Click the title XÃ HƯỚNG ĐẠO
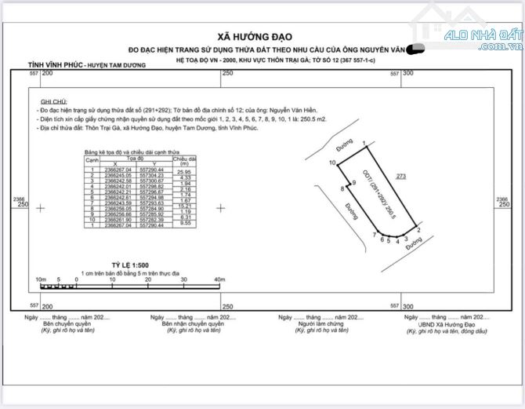click(x=262, y=37)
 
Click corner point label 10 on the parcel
click(x=332, y=163)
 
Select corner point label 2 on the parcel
click(x=419, y=230)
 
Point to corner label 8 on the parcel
click(x=342, y=189)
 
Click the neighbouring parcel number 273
click(x=401, y=177)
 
